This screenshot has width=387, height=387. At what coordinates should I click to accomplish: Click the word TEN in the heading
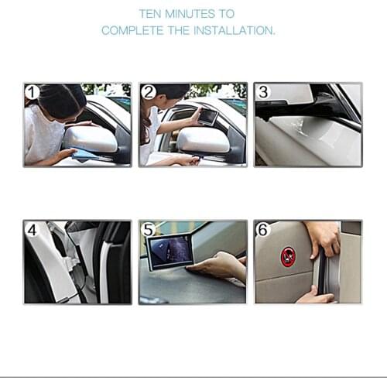(x=151, y=14)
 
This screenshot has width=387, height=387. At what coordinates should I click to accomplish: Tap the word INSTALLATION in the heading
(x=236, y=31)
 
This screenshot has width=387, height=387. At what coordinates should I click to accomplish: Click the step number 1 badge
(x=32, y=93)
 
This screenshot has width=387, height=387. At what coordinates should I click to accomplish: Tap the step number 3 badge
(x=263, y=93)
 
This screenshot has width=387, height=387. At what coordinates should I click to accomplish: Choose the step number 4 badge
(x=32, y=230)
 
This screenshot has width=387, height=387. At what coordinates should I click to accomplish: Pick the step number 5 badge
(x=149, y=230)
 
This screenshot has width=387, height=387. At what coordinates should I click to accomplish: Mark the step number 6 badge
(x=263, y=230)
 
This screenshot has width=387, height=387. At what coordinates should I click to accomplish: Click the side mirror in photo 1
(x=91, y=139)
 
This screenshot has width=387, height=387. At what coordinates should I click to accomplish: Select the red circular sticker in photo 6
(x=288, y=256)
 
